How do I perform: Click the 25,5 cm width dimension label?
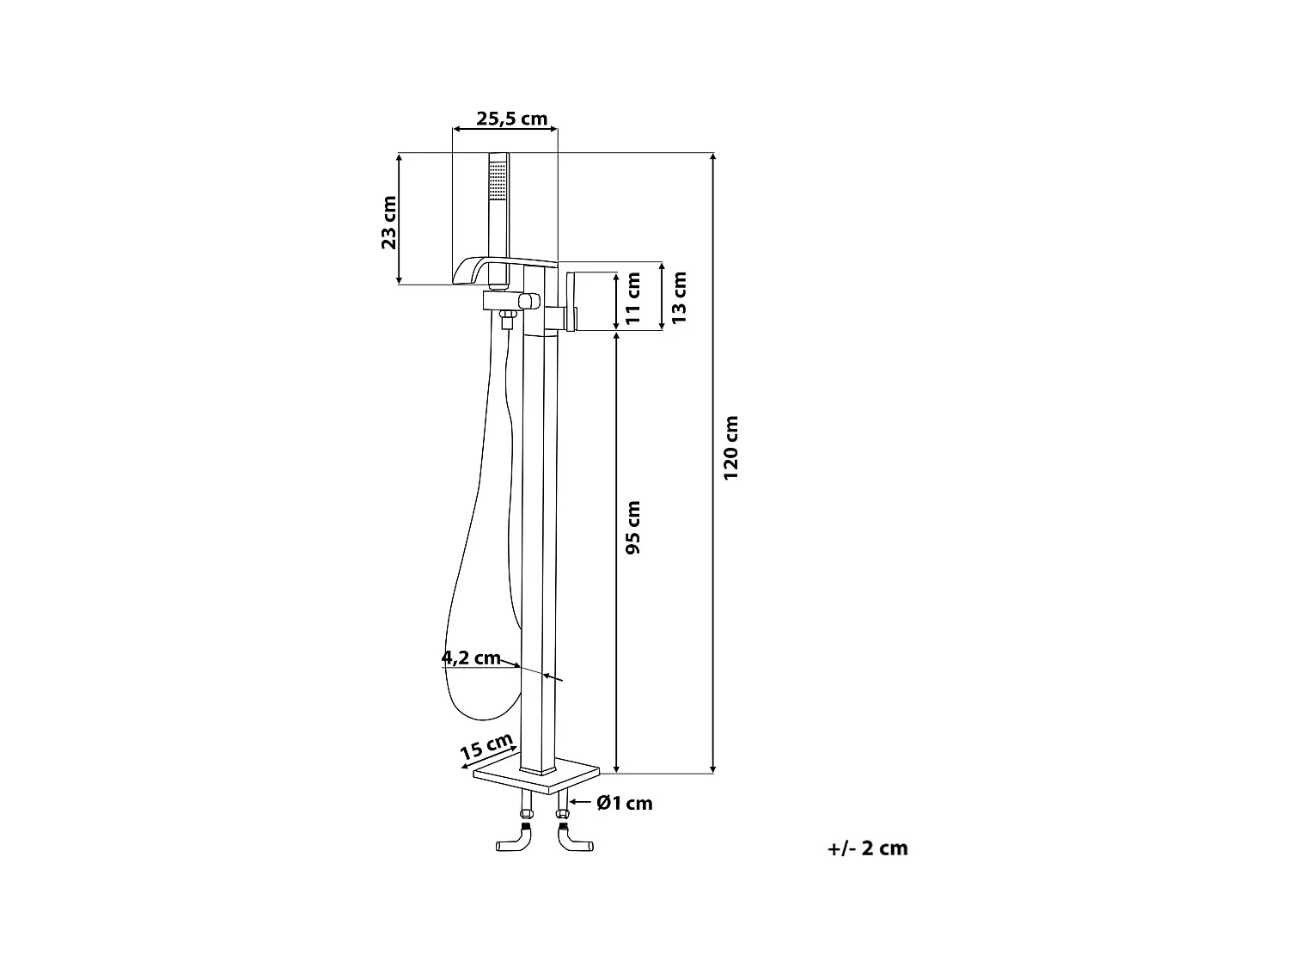coord(511,119)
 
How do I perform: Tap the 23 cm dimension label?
coord(389,223)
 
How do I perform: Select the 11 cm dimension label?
coord(634,297)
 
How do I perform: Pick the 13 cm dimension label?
coord(679,297)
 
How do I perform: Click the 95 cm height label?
coord(633,527)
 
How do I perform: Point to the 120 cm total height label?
coord(730,448)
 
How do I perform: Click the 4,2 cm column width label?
coord(471,658)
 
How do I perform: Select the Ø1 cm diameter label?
coord(625,803)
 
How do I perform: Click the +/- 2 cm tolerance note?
coord(867,848)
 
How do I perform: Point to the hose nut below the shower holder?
coord(507,321)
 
